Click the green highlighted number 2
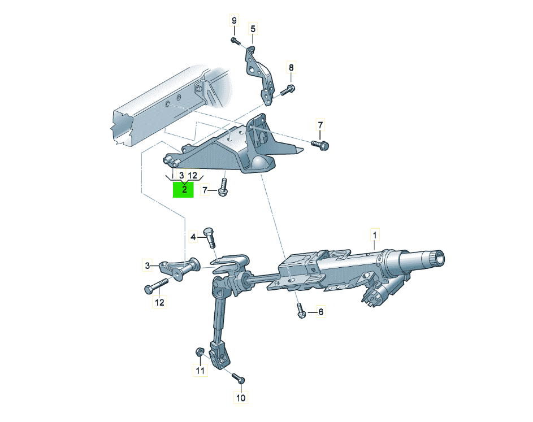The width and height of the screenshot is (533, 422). point(184,189)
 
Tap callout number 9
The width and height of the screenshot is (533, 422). point(234,21)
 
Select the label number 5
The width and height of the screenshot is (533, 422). point(253,29)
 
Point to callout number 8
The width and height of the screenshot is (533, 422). point(291,68)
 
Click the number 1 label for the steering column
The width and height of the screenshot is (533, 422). point(375,235)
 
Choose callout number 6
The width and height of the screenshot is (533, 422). point(320,312)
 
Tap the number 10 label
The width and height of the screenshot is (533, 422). point(241,398)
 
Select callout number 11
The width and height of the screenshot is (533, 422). point(200,370)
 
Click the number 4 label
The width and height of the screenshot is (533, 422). point(193,237)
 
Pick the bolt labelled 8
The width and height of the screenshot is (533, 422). point(288,90)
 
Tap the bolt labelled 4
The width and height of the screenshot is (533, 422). point(209,237)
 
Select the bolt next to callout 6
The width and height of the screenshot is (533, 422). point(301,311)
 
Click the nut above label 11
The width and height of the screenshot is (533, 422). point(200,351)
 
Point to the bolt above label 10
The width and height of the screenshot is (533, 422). point(239,378)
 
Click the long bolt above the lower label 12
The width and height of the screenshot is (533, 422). point(157,285)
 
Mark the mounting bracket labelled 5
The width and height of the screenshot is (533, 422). point(259,75)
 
